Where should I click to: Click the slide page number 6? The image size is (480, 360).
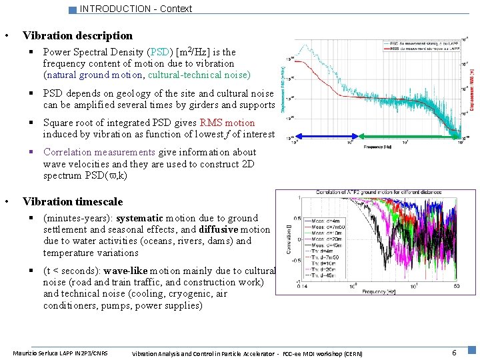coord(454,352)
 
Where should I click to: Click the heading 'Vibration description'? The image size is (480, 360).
coord(77,35)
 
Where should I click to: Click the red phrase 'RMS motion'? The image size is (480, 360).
coord(227,123)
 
